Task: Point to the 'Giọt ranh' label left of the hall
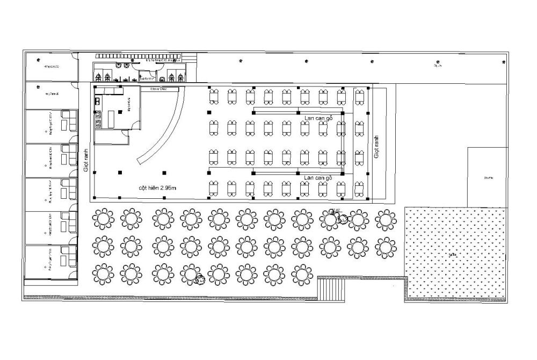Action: click(x=86, y=159)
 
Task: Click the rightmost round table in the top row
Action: click(x=386, y=219)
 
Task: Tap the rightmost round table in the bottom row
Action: click(x=302, y=274)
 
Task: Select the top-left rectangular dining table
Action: click(x=214, y=96)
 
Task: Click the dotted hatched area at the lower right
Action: click(x=455, y=253)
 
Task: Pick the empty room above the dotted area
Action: click(x=487, y=177)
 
